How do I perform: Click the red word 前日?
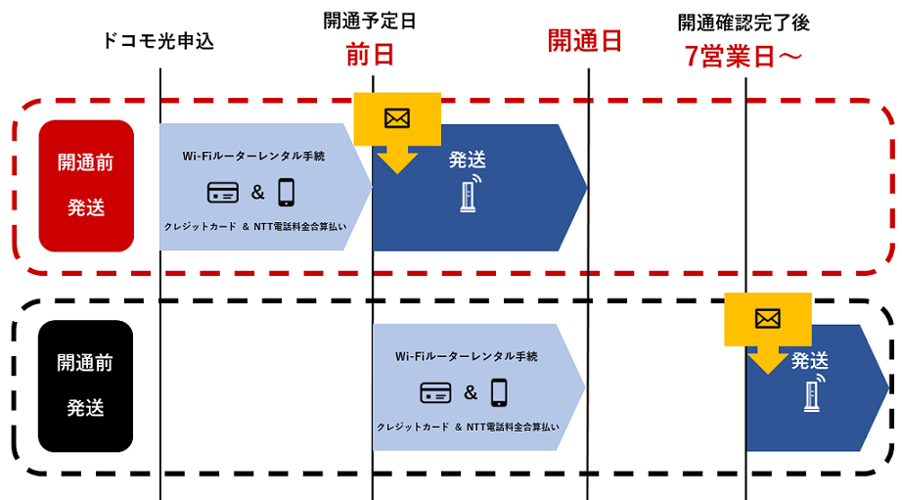370,56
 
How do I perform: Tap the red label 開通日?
585,41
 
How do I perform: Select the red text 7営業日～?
744,58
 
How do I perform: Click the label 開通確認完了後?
744,23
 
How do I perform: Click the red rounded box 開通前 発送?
86,185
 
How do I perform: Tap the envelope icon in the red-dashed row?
396,117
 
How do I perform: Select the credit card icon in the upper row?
223,193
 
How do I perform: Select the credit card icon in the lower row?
435,393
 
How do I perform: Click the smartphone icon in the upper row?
286,192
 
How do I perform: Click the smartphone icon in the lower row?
499,392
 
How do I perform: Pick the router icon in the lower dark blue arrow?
811,391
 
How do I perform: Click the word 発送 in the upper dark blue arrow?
468,159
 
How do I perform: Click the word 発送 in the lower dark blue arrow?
811,360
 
